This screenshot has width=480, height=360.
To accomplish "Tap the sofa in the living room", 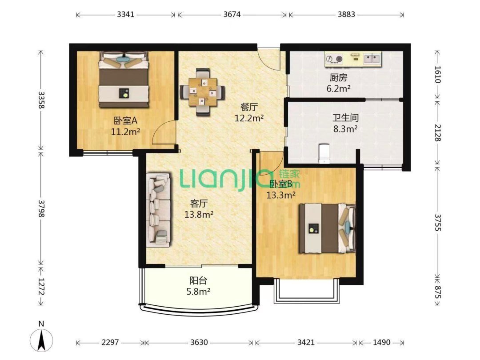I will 159,210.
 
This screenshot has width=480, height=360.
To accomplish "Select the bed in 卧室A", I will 123,80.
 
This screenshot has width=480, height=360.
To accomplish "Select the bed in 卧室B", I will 327,228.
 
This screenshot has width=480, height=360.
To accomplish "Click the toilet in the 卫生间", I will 324,152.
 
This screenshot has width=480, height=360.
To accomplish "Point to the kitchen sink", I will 372,58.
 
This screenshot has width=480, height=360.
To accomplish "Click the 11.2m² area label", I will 126,131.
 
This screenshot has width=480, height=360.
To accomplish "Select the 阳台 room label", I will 199,281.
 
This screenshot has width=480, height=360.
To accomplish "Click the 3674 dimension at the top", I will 232,14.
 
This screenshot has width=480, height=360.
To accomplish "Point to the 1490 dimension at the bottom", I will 381,343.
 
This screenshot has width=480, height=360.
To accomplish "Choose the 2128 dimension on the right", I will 437,132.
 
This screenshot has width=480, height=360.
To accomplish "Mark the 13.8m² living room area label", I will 199,215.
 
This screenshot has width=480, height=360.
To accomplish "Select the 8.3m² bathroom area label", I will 345,129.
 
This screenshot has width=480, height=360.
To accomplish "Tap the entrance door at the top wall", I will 268,57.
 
